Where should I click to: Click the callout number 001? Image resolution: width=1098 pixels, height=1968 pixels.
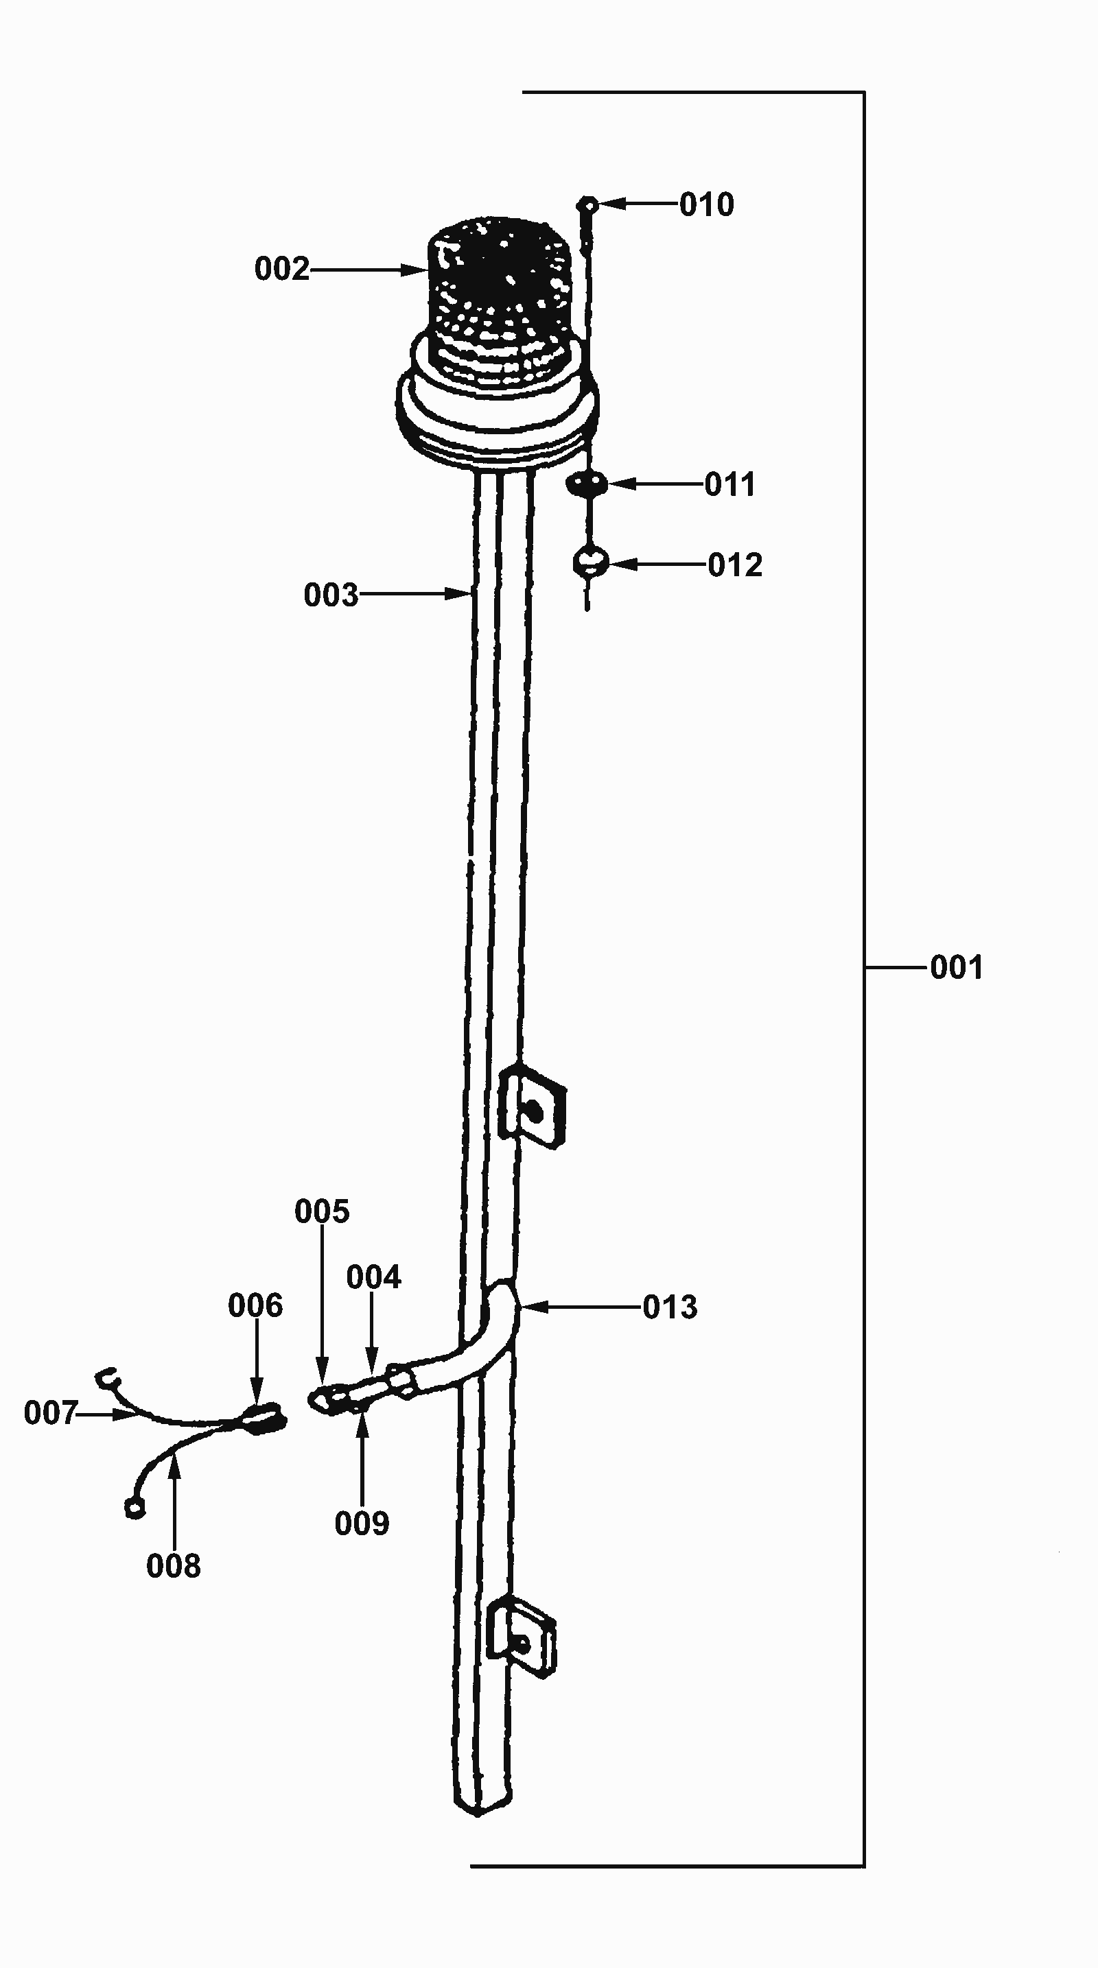[x=956, y=967]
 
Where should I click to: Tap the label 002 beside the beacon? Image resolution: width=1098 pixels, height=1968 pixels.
[x=282, y=269]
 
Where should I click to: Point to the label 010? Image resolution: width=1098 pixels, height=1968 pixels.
[x=707, y=204]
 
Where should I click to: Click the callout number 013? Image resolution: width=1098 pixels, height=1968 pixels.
[x=670, y=1307]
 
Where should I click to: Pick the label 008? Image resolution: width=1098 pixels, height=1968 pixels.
[x=174, y=1566]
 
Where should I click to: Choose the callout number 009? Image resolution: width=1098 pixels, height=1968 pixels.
[x=362, y=1524]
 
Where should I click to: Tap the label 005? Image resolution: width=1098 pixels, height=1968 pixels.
[x=322, y=1211]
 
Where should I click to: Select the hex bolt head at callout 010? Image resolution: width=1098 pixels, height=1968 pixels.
[x=587, y=204]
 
